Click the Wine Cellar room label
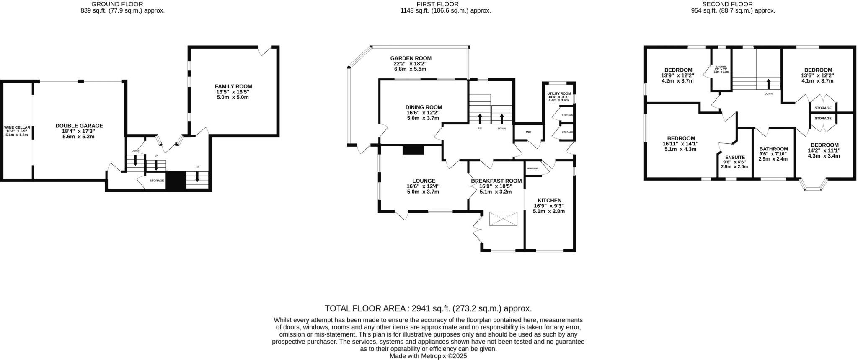pos(17,127)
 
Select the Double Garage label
pos(79,126)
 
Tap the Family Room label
pos(233,87)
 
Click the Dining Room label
pos(424,107)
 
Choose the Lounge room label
pos(423,181)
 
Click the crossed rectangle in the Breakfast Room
pos(503,218)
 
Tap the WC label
pos(528,132)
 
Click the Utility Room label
pos(559,93)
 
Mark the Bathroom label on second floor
pos(773,149)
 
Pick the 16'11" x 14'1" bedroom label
pos(681,138)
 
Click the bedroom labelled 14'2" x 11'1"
pos(824,145)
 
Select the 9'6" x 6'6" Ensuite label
pos(734,158)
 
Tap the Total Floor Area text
pos(428,309)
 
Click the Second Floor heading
pos(733,4)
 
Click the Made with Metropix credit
pos(428,356)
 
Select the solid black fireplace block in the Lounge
pos(413,150)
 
